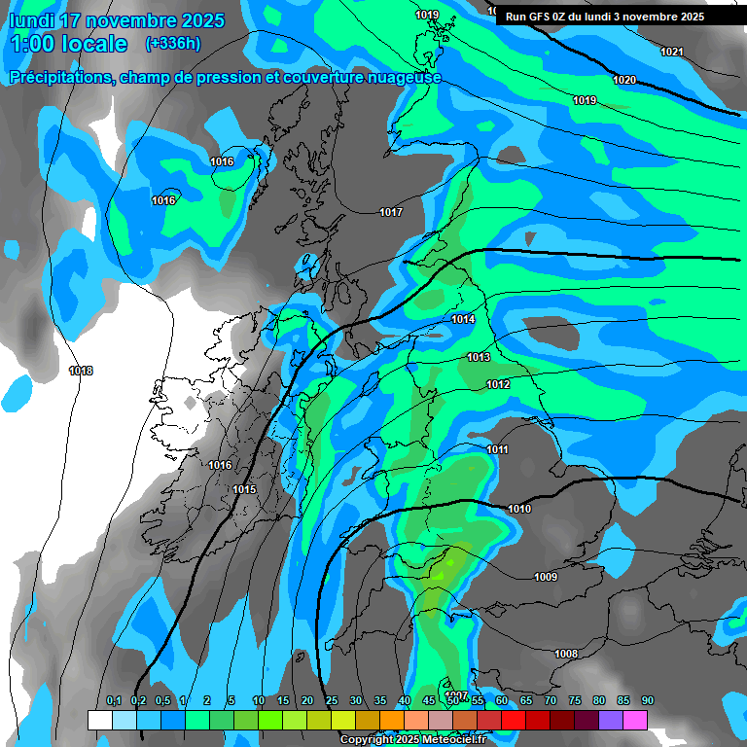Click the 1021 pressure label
tap(671, 52)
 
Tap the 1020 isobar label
tap(624, 80)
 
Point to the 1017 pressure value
tap(391, 212)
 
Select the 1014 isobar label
tap(463, 320)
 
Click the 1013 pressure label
tap(479, 358)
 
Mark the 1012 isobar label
tap(498, 385)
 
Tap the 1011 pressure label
tap(497, 449)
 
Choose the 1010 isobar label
tap(519, 509)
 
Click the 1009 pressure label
tap(546, 578)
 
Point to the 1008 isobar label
tap(565, 654)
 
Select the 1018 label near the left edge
tap(81, 371)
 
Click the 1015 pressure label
tap(244, 489)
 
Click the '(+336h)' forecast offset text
tap(173, 44)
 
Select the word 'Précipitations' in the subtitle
tap(60, 78)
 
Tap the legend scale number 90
tap(647, 701)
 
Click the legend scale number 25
tap(331, 701)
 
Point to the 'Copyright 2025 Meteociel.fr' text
tap(412, 739)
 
